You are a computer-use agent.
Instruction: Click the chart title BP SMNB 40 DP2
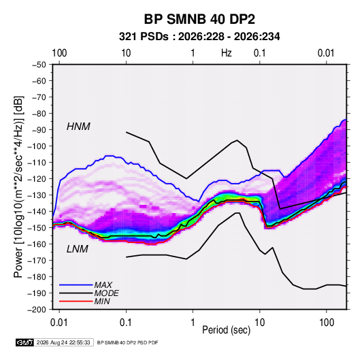click(199, 19)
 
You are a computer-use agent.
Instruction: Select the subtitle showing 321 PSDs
click(199, 37)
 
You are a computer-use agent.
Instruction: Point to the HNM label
click(78, 127)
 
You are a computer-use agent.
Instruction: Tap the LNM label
click(78, 249)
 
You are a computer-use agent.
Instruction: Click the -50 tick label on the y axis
click(39, 65)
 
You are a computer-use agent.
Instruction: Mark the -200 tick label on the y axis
click(37, 310)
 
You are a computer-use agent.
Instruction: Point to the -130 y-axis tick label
click(37, 195)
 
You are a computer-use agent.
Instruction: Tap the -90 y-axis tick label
click(39, 130)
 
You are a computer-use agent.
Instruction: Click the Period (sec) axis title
click(227, 330)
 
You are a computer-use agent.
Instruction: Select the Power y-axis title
click(19, 187)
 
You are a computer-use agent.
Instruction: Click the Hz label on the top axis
click(227, 53)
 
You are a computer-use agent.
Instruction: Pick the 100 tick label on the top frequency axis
click(59, 53)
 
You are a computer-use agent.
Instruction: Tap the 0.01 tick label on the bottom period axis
click(59, 323)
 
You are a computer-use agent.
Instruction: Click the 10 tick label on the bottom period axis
click(259, 323)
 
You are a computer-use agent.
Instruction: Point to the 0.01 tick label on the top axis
click(326, 53)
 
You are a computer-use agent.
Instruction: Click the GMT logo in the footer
click(24, 342)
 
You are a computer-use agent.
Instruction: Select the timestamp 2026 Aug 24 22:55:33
click(63, 342)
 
